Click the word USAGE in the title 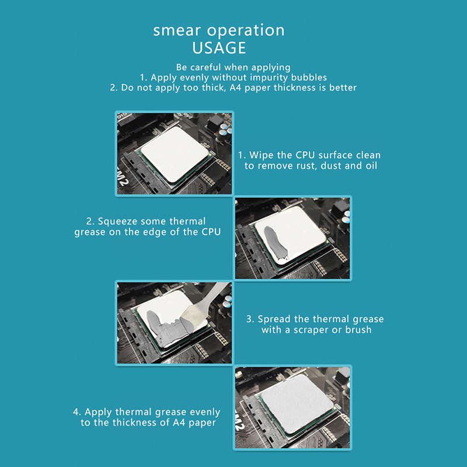tap(219, 48)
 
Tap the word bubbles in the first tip tap(309, 78)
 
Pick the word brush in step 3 tap(358, 330)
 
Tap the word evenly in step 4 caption tap(205, 412)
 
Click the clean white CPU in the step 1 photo tap(174, 154)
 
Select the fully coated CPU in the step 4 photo tap(296, 403)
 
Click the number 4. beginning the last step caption tap(77, 412)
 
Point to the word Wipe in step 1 tap(262, 155)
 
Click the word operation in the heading tap(246, 30)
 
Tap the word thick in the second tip tap(212, 88)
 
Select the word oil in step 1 tap(371, 166)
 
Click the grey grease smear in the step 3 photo tap(167, 327)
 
